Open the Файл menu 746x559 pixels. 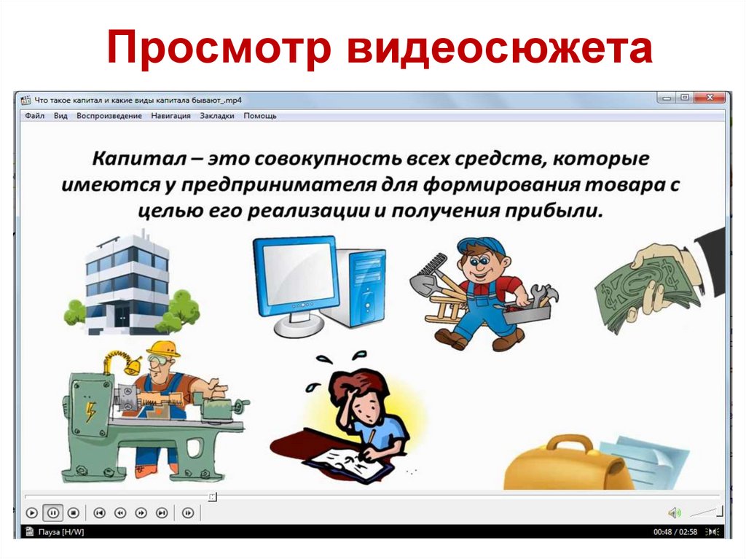click(x=34, y=116)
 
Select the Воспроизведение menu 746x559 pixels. click(x=109, y=116)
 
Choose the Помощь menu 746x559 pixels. click(x=260, y=116)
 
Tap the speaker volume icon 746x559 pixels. click(x=675, y=512)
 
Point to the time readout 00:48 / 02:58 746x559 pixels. click(x=675, y=532)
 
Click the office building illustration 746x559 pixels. click(x=127, y=281)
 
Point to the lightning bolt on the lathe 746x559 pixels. click(x=91, y=413)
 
